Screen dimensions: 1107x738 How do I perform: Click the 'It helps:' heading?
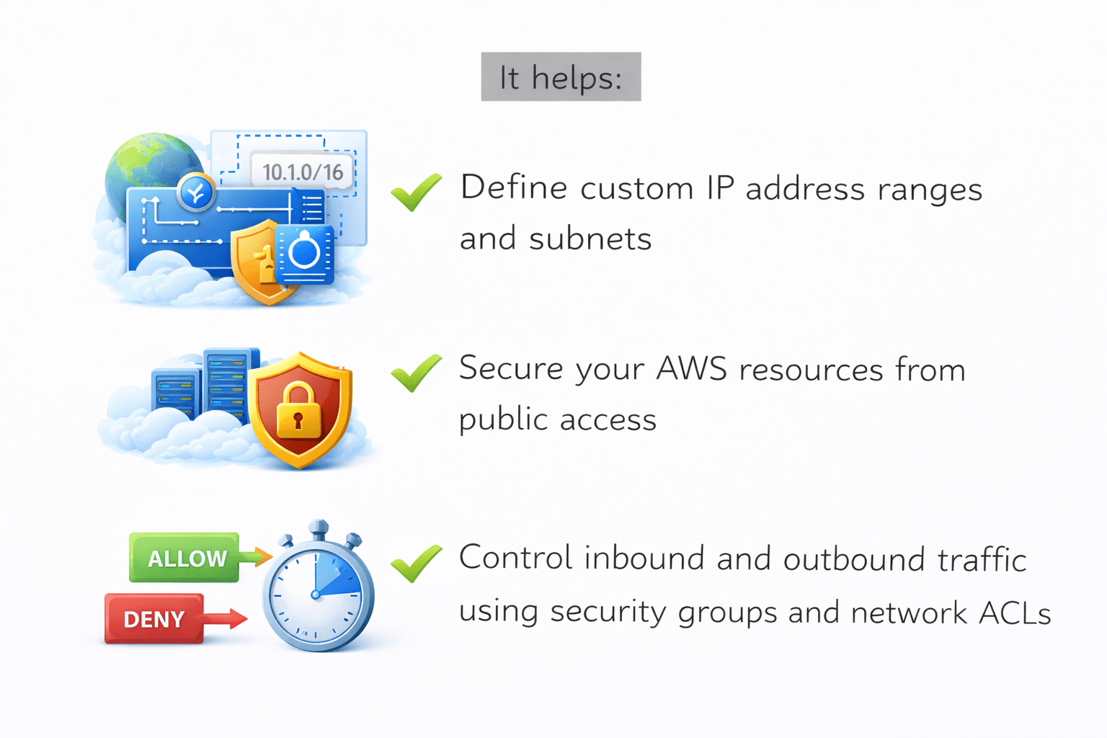click(x=561, y=77)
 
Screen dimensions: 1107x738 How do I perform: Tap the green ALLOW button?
click(x=184, y=558)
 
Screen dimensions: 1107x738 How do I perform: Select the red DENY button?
click(x=154, y=619)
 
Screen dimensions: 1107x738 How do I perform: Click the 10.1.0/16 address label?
click(x=303, y=172)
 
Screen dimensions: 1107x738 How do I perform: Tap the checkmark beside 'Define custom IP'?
click(x=416, y=192)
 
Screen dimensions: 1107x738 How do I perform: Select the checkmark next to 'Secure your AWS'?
click(x=416, y=373)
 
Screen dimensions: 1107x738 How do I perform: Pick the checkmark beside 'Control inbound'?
click(x=416, y=563)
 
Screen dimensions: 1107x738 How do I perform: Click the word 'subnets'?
click(x=590, y=239)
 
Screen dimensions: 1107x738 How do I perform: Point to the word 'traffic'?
click(x=982, y=560)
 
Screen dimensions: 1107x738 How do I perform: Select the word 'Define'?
click(x=514, y=188)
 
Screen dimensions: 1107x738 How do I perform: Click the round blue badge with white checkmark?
click(x=196, y=192)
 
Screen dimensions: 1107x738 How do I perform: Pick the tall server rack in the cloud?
click(x=228, y=386)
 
